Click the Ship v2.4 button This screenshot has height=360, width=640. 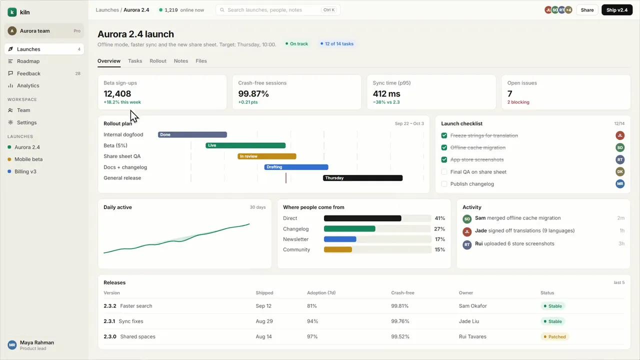click(x=617, y=10)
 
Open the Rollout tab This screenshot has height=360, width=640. click(x=157, y=61)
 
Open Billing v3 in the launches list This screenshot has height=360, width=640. click(x=25, y=171)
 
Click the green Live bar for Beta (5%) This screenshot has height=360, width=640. click(x=245, y=145)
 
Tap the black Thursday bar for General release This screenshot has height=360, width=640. click(x=362, y=178)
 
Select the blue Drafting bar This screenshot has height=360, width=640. click(x=296, y=167)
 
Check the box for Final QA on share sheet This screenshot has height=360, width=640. click(x=444, y=171)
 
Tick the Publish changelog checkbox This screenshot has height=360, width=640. click(x=444, y=183)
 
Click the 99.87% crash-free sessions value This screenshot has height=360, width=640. click(x=253, y=93)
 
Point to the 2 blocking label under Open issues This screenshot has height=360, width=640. click(x=518, y=102)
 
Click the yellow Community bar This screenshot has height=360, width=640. click(x=337, y=249)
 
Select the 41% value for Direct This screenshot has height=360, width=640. click(x=439, y=218)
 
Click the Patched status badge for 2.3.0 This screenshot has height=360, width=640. click(x=554, y=336)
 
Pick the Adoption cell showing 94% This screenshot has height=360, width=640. click(x=312, y=321)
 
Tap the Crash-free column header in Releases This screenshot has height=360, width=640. click(x=402, y=293)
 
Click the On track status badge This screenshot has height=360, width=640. click(x=296, y=43)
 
